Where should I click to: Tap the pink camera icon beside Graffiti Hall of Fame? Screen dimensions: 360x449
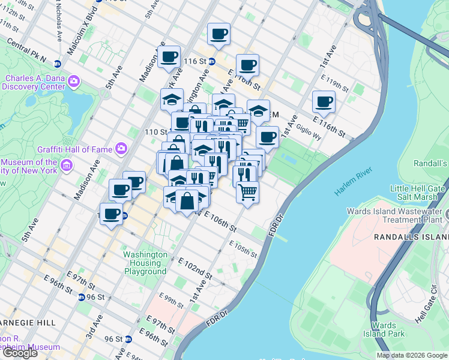[x=121, y=147]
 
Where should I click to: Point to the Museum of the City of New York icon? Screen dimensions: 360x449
[x=67, y=164]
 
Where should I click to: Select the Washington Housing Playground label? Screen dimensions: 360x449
[x=145, y=263]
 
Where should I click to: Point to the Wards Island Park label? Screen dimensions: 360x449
[x=383, y=329]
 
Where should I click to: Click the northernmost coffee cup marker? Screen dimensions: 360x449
[x=218, y=34]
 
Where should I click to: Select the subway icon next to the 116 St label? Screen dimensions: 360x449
[x=212, y=62]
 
